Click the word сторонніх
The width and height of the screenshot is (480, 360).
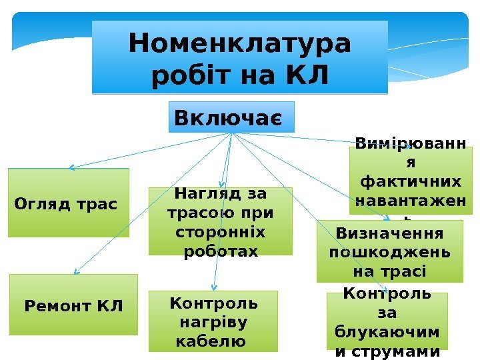pyautogui.click(x=220, y=233)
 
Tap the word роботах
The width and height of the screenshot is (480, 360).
pyautogui.click(x=220, y=251)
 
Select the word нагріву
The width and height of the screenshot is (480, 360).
pyautogui.click(x=213, y=323)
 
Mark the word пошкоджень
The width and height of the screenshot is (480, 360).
pyautogui.click(x=389, y=253)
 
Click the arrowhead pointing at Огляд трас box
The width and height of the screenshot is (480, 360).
pyautogui.click(x=71, y=167)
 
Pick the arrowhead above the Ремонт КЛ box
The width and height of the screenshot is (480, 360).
pyautogui.click(x=77, y=271)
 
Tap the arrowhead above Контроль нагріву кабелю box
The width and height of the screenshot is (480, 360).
pyautogui.click(x=213, y=288)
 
